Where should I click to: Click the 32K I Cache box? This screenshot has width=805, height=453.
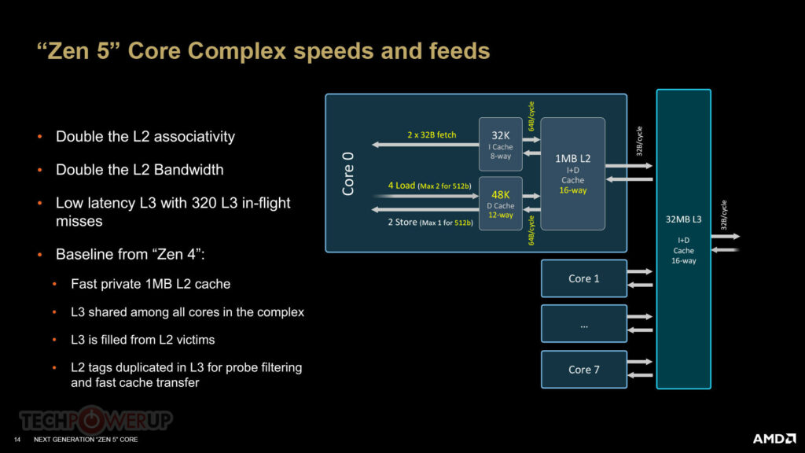[x=501, y=145]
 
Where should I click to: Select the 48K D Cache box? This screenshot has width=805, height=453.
[x=501, y=204]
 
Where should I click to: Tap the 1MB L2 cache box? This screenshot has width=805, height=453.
[x=572, y=174]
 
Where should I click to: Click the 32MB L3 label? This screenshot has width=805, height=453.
[x=683, y=219]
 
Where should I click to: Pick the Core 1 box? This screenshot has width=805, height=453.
[x=584, y=278]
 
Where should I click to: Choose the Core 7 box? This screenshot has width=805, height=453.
[x=584, y=370]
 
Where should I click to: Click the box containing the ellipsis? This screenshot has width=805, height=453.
[x=584, y=323]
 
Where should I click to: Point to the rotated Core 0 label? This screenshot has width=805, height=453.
[x=348, y=174]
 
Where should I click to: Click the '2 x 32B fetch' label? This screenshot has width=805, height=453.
[x=432, y=134]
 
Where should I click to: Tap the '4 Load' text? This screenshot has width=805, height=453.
[x=401, y=186]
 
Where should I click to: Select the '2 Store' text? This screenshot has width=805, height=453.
[x=402, y=223]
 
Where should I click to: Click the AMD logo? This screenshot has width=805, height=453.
[x=774, y=439]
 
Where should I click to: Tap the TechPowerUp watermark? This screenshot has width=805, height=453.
[x=95, y=420]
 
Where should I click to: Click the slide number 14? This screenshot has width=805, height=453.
[x=17, y=440]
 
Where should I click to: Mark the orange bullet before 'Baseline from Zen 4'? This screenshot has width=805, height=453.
[x=40, y=254]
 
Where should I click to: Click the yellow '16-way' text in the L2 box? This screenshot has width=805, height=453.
[x=572, y=190]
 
